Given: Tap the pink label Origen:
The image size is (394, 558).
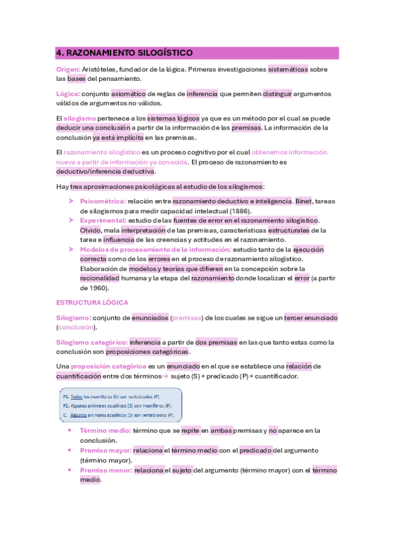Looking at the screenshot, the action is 68,69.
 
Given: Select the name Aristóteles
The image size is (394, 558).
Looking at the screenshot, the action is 103,69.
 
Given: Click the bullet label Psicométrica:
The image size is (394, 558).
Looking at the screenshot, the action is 103,201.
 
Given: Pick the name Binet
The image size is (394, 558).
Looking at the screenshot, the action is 303,201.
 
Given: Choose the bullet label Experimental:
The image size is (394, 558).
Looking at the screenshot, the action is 103,220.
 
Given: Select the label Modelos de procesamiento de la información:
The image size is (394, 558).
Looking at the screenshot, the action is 156,250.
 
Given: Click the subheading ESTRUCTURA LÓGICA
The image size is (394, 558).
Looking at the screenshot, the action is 92,302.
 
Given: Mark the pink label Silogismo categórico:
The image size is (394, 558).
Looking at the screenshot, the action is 91,342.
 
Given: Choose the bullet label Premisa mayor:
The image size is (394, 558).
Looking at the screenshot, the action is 105,451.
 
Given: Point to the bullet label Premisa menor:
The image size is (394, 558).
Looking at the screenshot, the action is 105,470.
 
